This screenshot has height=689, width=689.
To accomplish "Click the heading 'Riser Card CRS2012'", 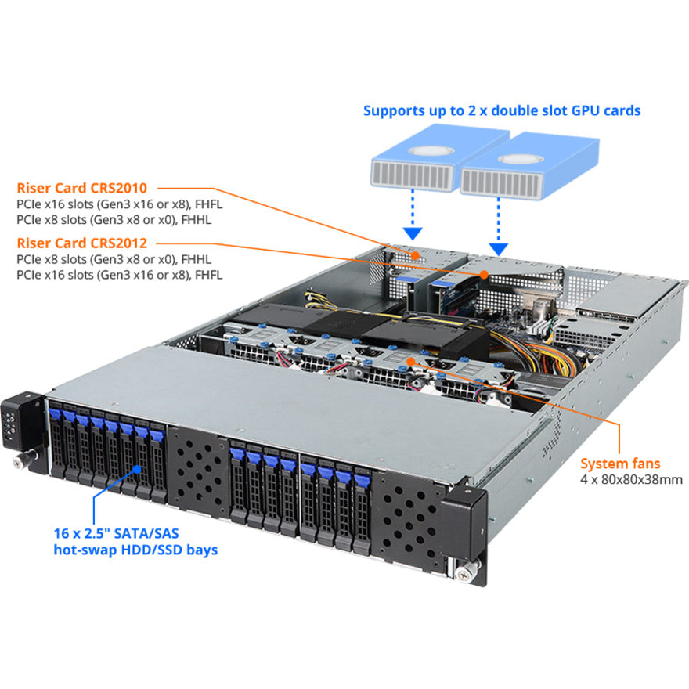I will [82, 243].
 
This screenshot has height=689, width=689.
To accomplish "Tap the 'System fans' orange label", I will [619, 464].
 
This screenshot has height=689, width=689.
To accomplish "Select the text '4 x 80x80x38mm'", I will [631, 479].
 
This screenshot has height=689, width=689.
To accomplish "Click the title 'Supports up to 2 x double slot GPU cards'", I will [502, 110].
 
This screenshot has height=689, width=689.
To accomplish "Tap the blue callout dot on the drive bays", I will [139, 469].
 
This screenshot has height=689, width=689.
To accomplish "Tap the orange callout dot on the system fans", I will [411, 362].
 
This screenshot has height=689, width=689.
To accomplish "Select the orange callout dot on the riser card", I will [485, 275].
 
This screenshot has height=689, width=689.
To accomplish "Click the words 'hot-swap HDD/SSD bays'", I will [135, 550].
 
